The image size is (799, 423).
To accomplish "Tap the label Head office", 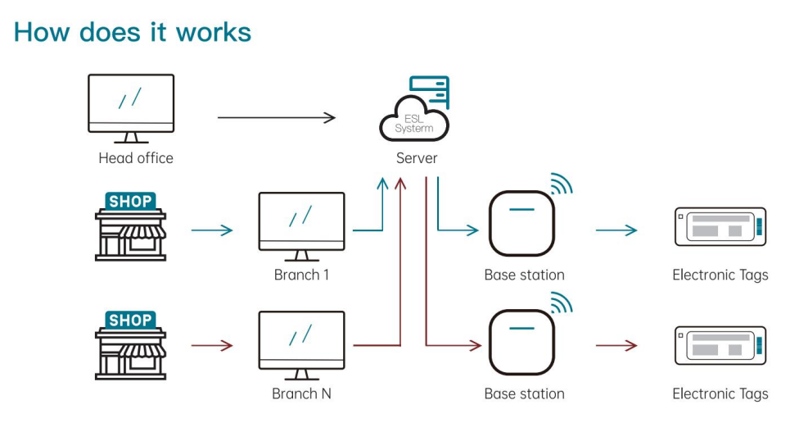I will pyautogui.click(x=136, y=158).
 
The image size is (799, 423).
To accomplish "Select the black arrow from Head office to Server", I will pyautogui.click(x=276, y=118).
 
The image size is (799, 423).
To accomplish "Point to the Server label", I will pyautogui.click(x=417, y=158).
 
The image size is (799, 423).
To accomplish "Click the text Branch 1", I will pyautogui.click(x=301, y=275).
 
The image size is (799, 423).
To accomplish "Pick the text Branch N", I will pyautogui.click(x=301, y=393).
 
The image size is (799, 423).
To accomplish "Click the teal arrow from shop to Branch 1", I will pyautogui.click(x=211, y=230).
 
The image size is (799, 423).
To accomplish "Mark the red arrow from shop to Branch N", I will pyautogui.click(x=211, y=346).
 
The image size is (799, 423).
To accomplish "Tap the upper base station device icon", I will pyautogui.click(x=522, y=223).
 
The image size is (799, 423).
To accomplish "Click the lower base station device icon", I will pyautogui.click(x=522, y=342).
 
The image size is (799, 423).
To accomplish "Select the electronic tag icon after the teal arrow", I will pyautogui.click(x=720, y=225).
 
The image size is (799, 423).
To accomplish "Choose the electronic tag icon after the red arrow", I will pyautogui.click(x=720, y=345).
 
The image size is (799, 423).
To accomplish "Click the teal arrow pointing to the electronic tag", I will pyautogui.click(x=616, y=230).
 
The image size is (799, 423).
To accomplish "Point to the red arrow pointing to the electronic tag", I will pyautogui.click(x=616, y=346).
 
